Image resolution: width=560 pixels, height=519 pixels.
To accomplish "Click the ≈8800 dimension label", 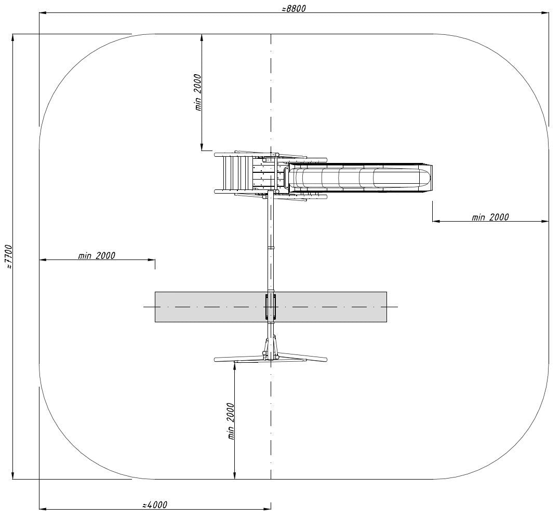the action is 294,8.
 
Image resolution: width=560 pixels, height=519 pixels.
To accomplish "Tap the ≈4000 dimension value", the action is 155,505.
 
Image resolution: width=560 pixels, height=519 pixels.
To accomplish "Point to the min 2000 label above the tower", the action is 198,92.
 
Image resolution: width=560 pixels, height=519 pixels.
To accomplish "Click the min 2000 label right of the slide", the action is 490,217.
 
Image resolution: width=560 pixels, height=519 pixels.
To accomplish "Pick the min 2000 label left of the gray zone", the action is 97,255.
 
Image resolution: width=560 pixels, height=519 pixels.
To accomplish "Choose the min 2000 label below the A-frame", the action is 231,421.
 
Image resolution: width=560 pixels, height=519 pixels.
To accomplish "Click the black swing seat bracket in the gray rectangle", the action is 271,307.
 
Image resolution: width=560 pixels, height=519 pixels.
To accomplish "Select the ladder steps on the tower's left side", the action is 237,173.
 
